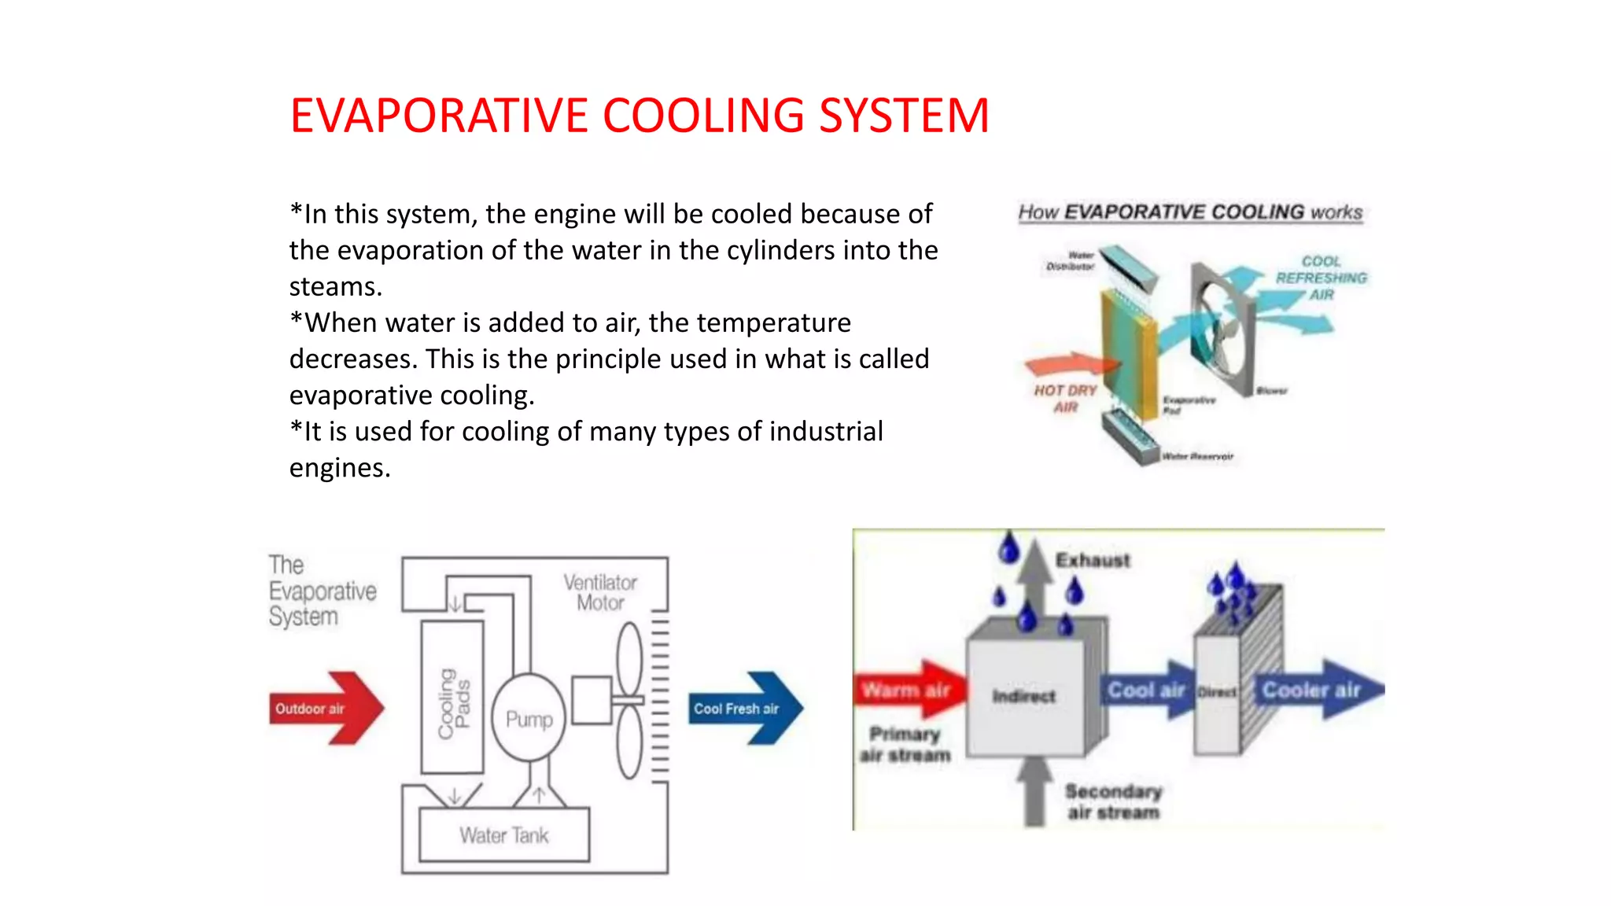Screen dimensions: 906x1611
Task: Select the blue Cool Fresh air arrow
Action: tap(744, 708)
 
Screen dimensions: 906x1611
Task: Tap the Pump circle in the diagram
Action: tap(529, 718)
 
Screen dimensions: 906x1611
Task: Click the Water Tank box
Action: tap(504, 835)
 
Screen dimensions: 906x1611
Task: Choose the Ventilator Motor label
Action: tap(600, 592)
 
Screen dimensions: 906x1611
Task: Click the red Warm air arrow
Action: tap(908, 690)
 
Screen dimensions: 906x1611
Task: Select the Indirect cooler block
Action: tap(1024, 696)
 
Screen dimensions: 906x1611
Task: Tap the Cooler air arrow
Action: tap(1318, 690)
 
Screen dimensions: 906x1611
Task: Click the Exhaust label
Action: tap(1093, 560)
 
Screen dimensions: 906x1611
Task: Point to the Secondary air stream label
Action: tap(1113, 801)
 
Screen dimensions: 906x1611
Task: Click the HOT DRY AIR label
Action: tap(1065, 398)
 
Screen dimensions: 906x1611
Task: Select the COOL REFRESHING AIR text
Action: tap(1321, 278)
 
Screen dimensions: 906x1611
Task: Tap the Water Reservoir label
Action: tap(1197, 456)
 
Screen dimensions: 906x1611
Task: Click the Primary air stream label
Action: tap(905, 744)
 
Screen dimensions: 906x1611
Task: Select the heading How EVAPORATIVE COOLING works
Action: tap(1189, 212)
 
